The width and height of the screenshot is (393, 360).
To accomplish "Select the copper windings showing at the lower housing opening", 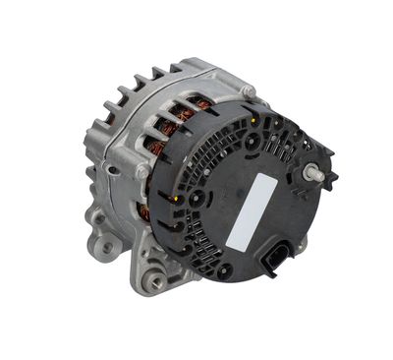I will point(144,210).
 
